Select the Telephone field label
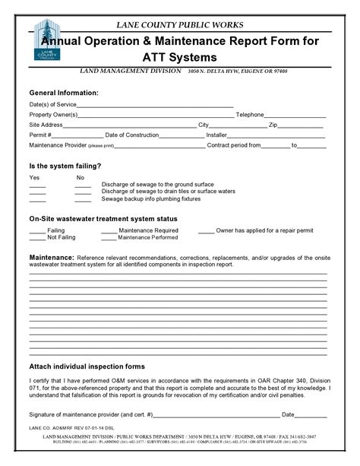[250, 114]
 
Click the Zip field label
[274, 124]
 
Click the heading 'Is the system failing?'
[65, 165]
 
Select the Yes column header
[34, 177]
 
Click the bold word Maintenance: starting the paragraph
[51, 258]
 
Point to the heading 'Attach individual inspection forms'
[87, 366]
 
